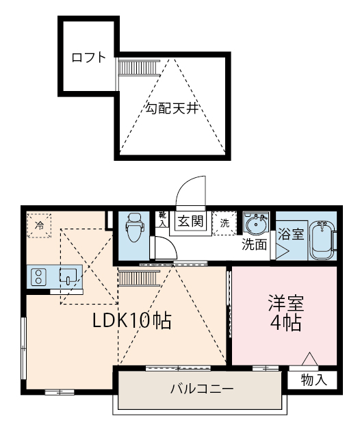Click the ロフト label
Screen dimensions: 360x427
click(x=88, y=57)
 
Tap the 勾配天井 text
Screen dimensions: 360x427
click(x=171, y=108)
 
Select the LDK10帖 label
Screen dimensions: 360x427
click(x=132, y=320)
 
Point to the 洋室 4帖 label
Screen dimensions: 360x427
click(x=285, y=313)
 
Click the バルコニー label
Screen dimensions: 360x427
click(x=202, y=389)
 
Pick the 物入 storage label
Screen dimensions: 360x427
click(x=313, y=380)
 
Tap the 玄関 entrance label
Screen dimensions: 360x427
click(x=191, y=221)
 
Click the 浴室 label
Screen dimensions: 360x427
click(x=291, y=233)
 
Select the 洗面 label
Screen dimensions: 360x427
click(x=255, y=244)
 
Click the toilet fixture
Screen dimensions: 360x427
click(x=134, y=228)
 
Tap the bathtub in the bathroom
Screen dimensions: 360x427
click(x=322, y=240)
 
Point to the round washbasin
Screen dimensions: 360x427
click(x=256, y=224)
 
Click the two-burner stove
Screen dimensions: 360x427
click(x=38, y=277)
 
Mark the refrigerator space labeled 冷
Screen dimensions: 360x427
click(x=39, y=226)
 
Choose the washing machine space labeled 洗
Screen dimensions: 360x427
click(x=224, y=223)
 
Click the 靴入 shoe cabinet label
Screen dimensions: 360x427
click(x=163, y=219)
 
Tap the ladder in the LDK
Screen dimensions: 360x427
click(x=139, y=278)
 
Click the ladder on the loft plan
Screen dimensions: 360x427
click(x=139, y=67)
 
